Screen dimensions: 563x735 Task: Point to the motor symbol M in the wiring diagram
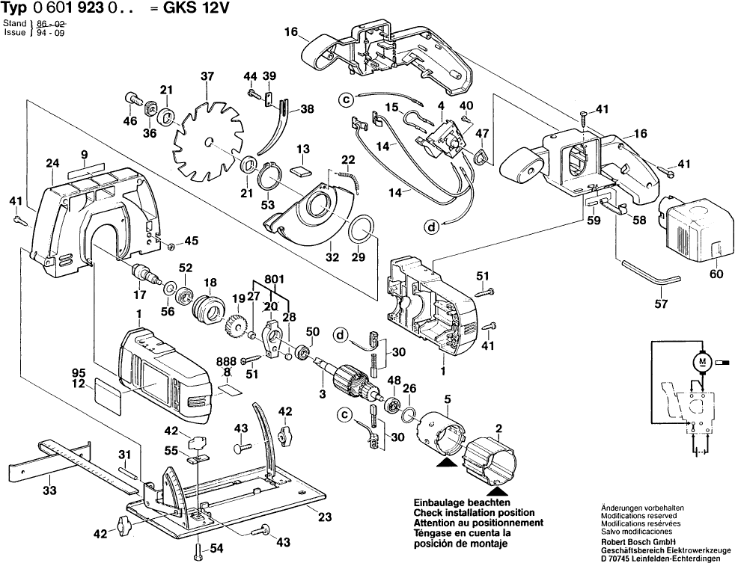coord(701,363)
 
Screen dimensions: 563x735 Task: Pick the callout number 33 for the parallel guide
coord(49,491)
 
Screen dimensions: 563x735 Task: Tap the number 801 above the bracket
coord(274,280)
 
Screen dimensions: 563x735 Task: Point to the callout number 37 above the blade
coord(207,76)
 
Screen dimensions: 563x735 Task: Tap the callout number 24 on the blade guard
coord(52,164)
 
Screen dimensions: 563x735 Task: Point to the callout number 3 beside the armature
coord(322,393)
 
